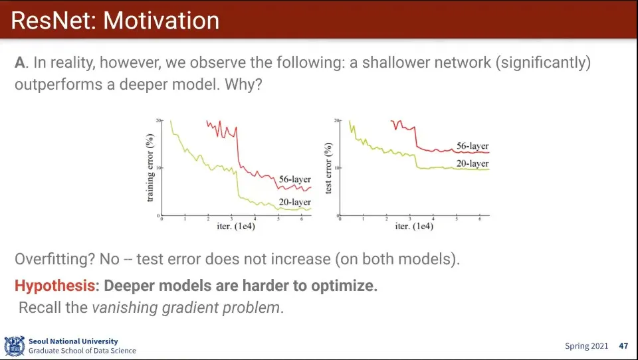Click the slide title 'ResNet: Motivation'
click(115, 21)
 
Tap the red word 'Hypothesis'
click(54, 286)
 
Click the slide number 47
click(623, 346)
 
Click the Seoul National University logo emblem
click(14, 346)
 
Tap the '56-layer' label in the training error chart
click(294, 180)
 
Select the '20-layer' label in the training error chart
click(294, 202)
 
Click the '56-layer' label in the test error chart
click(473, 146)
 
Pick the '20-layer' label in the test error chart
click(473, 163)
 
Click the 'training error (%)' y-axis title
click(151, 169)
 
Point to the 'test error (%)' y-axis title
click(329, 169)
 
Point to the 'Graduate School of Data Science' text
click(82, 351)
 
